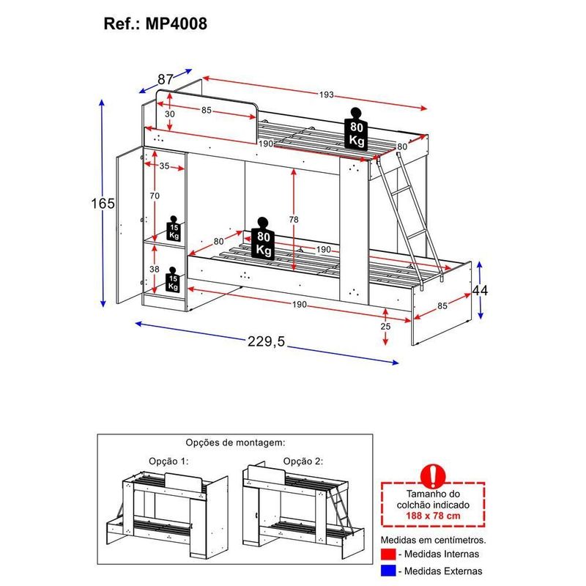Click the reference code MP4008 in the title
click(176, 23)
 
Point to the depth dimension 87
click(165, 79)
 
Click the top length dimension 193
click(326, 94)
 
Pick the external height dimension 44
click(480, 290)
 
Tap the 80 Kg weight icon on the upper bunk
click(357, 130)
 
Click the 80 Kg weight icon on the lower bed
click(264, 239)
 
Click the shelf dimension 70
click(154, 196)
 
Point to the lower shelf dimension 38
click(154, 269)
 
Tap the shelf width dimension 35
click(163, 166)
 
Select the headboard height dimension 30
click(169, 114)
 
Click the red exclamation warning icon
click(436, 474)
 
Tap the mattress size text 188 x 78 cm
click(435, 516)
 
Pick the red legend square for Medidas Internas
click(387, 553)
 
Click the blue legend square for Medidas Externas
click(387, 571)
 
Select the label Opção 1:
click(169, 461)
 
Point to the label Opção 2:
click(303, 461)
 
